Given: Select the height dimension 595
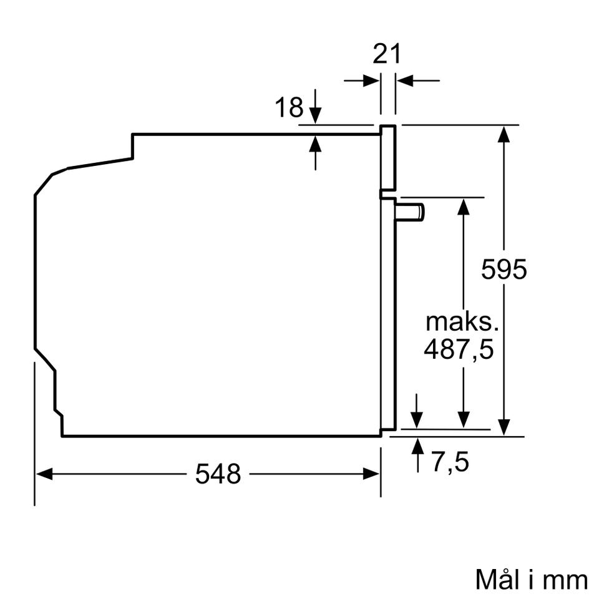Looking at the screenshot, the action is pyautogui.click(x=504, y=269).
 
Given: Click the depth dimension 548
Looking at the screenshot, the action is pyautogui.click(x=218, y=474).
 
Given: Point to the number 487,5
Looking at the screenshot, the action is pyautogui.click(x=459, y=349).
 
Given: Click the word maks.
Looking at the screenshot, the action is pyautogui.click(x=462, y=322).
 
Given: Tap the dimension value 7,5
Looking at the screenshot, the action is pyautogui.click(x=450, y=462).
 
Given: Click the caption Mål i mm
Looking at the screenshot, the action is pyautogui.click(x=532, y=580).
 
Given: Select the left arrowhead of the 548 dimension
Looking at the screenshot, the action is pyautogui.click(x=44, y=474).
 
